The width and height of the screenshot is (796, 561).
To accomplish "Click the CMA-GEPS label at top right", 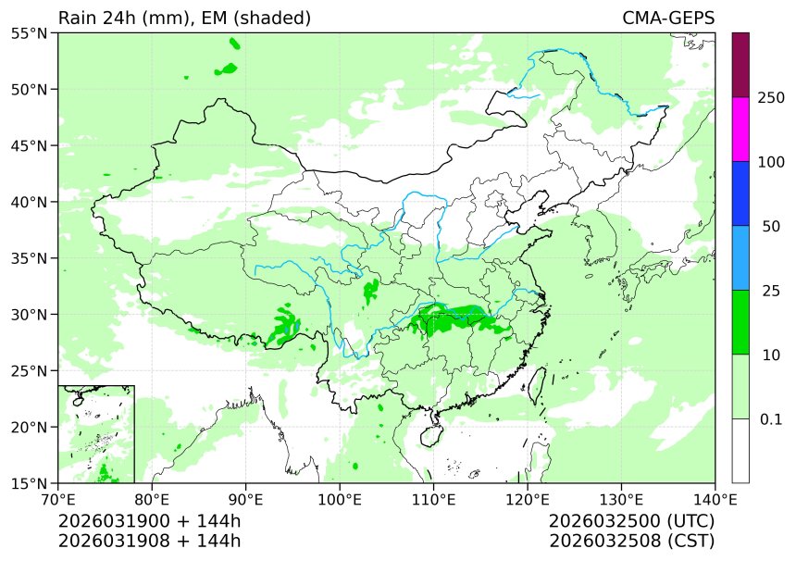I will [667, 18].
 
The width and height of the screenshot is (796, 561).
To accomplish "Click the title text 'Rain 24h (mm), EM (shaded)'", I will [184, 18].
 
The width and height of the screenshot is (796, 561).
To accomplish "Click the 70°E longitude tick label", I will [58, 501].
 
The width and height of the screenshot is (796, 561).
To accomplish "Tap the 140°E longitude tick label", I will [715, 501].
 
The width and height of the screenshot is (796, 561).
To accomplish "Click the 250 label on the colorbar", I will [770, 98].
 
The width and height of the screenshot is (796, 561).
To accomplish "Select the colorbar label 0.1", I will [770, 419].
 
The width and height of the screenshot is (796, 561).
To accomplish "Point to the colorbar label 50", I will [770, 227].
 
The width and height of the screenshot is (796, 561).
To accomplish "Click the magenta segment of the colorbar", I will [740, 130].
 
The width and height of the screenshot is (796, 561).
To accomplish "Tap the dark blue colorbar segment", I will [740, 193].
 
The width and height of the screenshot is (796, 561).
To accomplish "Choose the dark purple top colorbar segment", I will [740, 65].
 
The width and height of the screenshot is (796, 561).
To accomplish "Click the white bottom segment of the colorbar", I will [740, 450].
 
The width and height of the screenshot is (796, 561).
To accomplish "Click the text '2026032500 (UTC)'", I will [631, 521].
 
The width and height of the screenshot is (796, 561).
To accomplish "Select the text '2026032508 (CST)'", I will [631, 541].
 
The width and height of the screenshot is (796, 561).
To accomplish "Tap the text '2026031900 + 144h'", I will [149, 521].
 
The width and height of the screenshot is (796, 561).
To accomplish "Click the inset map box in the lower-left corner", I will [96, 433].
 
